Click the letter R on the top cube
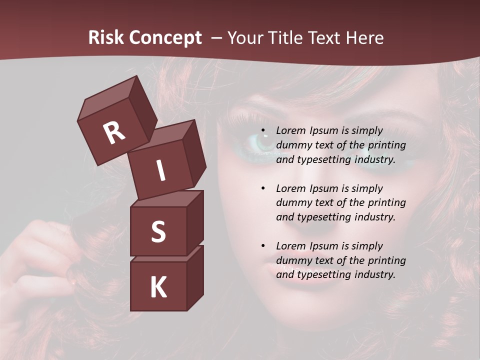tap(114, 133)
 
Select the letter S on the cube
tap(158, 232)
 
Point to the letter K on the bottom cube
tap(158, 288)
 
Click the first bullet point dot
tap(263, 131)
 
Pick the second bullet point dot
tap(263, 188)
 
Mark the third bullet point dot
tap(263, 246)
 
